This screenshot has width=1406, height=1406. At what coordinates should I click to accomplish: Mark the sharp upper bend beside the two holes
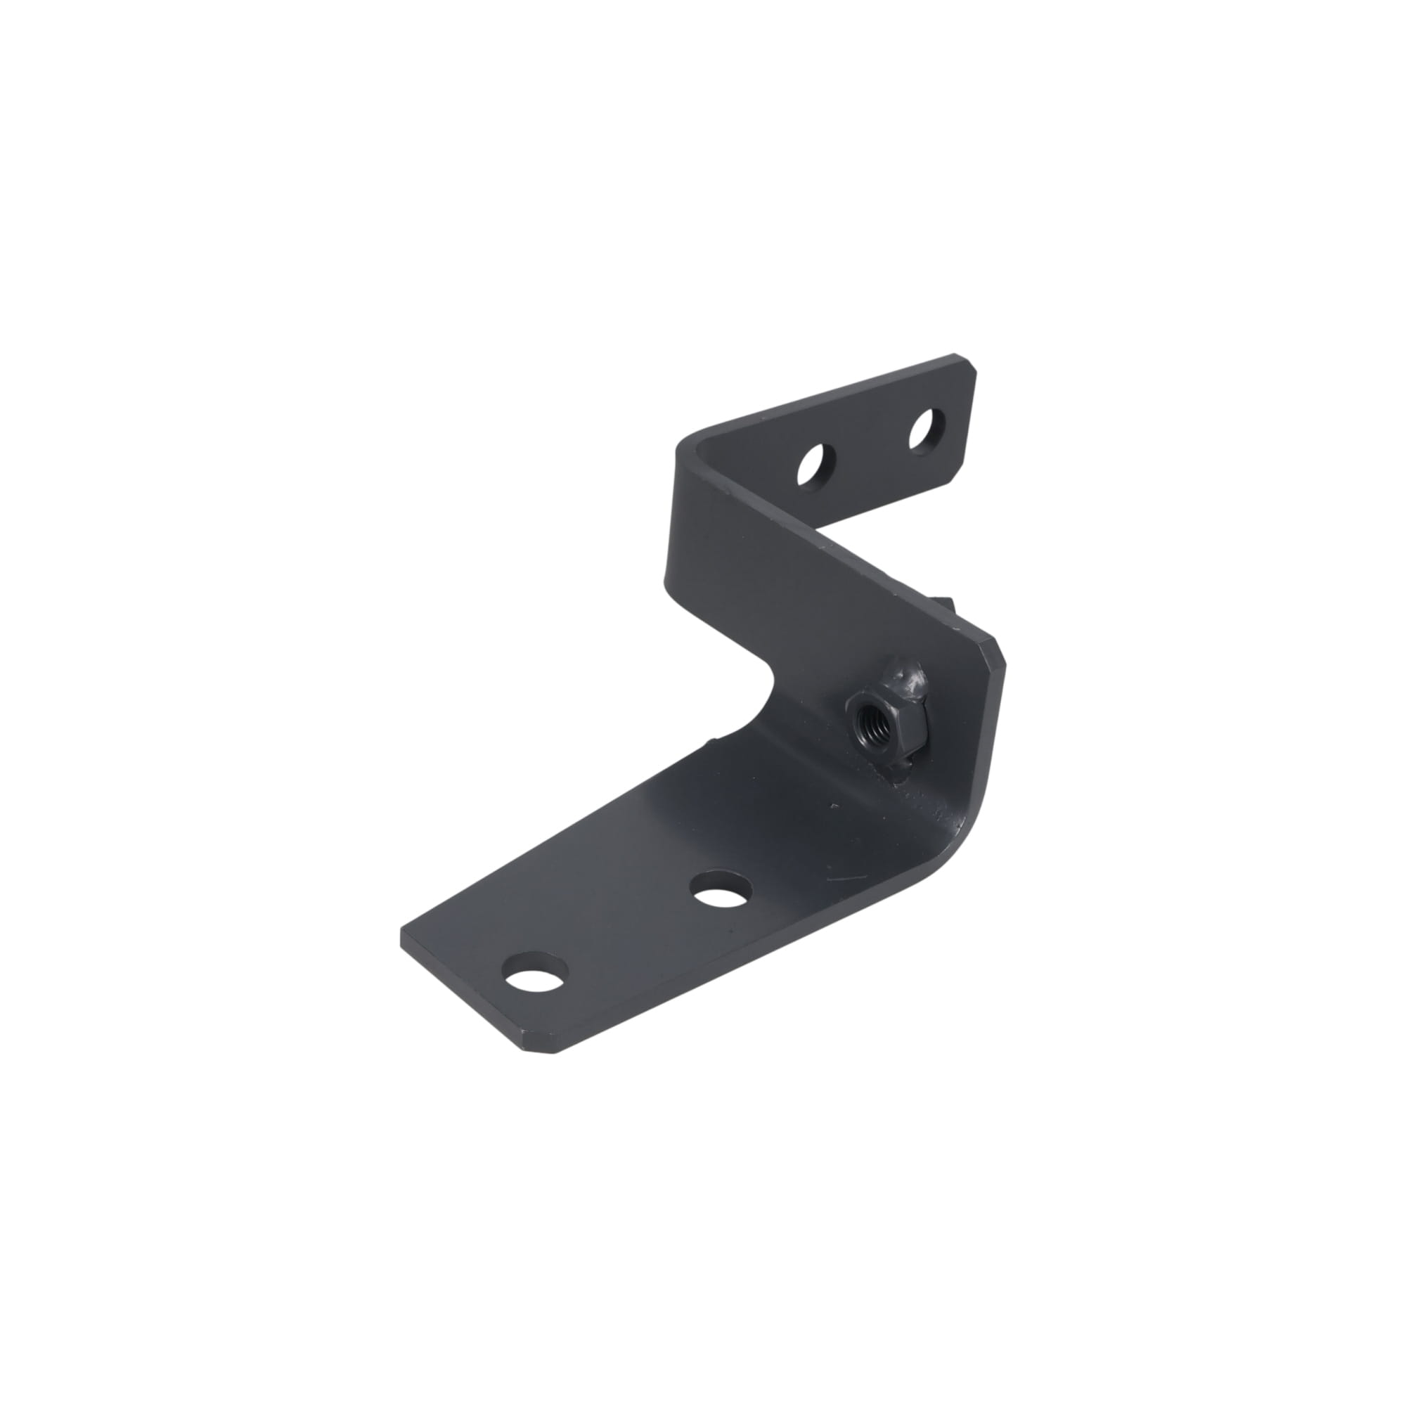click(688, 447)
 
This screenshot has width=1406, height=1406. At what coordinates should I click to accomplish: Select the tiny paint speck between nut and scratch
click(834, 807)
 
